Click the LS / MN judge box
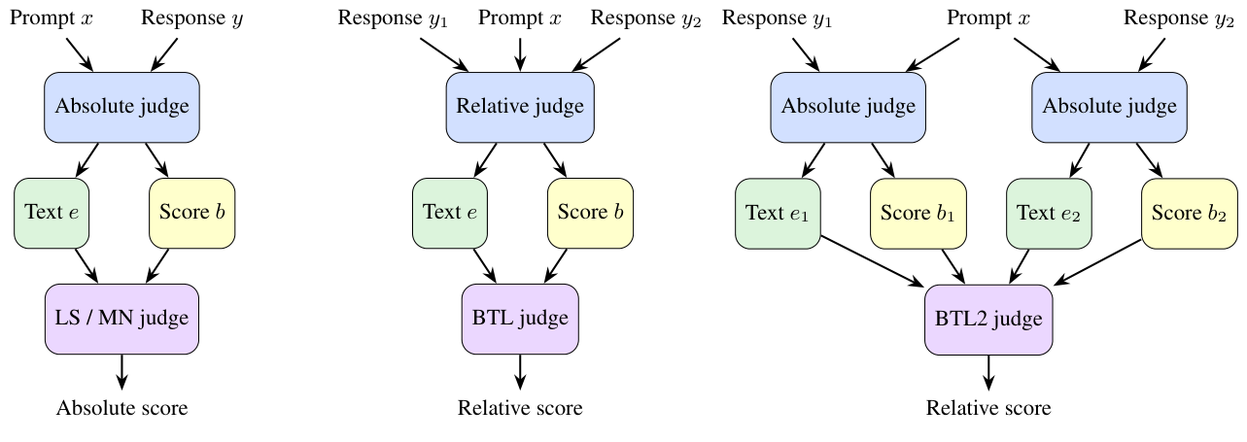(121, 319)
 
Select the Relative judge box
(520, 107)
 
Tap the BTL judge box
(520, 319)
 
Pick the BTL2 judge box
(988, 319)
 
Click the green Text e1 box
(778, 213)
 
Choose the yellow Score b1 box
(913, 213)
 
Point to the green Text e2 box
(1048, 213)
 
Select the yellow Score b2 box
(1183, 213)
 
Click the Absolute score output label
(121, 408)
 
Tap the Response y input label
(191, 18)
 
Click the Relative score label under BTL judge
(520, 408)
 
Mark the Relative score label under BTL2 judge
(988, 408)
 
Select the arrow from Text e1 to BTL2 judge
(873, 260)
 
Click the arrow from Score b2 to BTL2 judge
(1097, 262)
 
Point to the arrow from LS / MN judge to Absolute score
(121, 371)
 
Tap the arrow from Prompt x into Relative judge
(520, 53)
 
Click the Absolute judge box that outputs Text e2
(1109, 107)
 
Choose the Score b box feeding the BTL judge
(590, 213)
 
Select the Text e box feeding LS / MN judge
(52, 213)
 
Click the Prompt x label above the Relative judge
(520, 18)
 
